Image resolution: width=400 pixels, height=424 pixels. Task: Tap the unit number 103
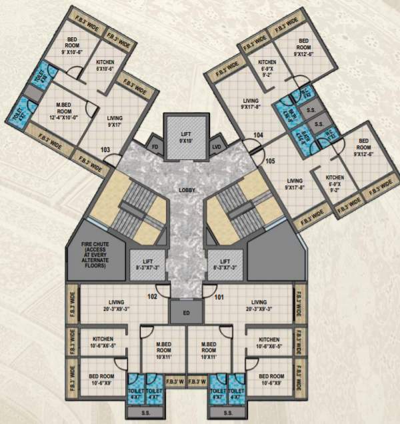tap(105, 150)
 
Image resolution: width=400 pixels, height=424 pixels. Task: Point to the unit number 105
tap(269, 161)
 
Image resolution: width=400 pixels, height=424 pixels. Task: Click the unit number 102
tap(153, 297)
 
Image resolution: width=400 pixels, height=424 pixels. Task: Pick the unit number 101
tap(219, 297)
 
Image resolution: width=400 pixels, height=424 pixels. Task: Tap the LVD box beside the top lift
tap(217, 146)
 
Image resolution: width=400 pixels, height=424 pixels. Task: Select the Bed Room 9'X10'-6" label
tap(71, 46)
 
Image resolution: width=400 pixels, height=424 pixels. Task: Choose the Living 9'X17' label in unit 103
tap(115, 121)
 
